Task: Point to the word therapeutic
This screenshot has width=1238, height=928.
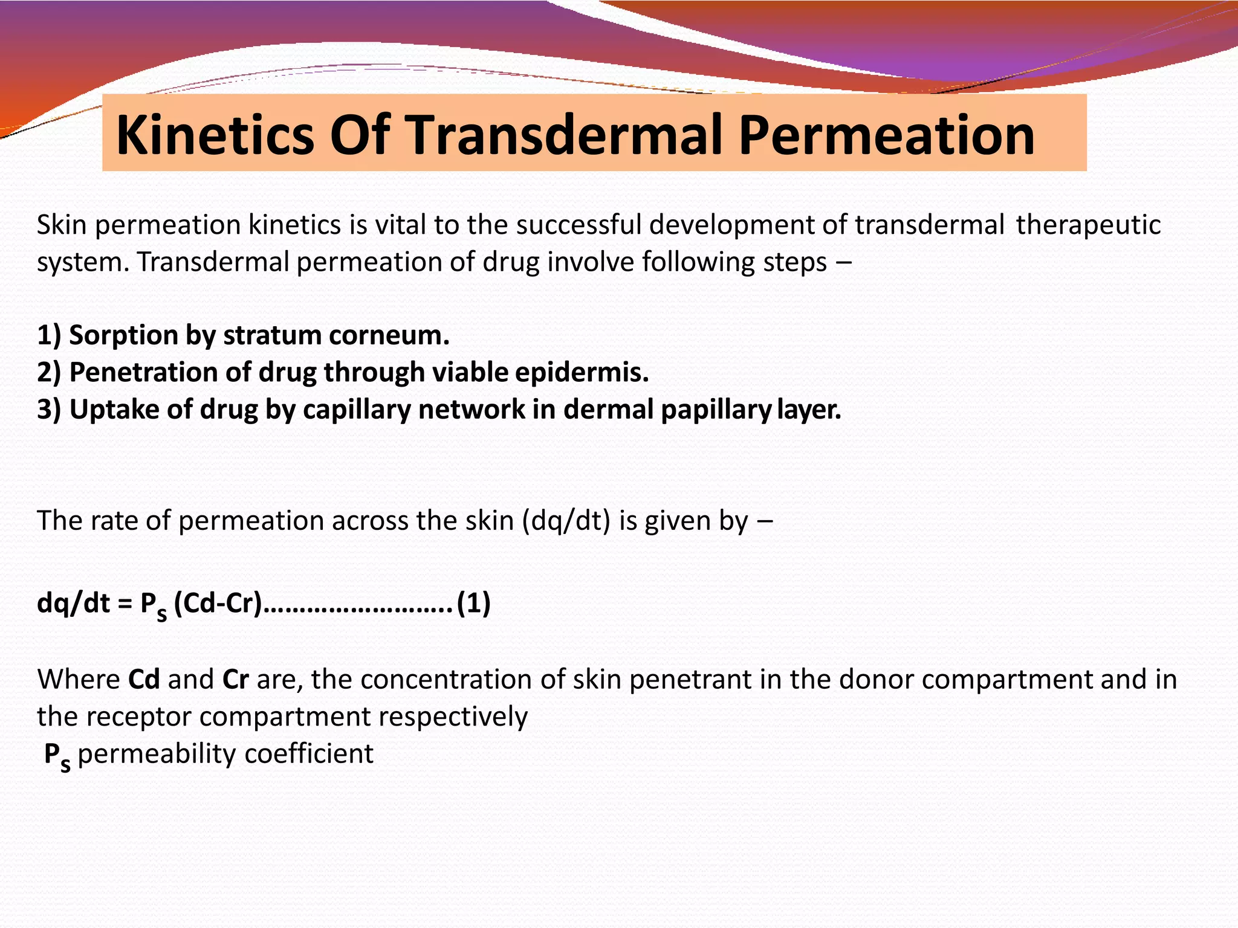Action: pyautogui.click(x=1088, y=225)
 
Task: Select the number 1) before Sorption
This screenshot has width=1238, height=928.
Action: pyautogui.click(x=49, y=335)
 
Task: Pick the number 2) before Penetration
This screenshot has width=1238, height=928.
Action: pyautogui.click(x=49, y=372)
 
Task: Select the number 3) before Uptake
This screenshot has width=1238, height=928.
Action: pyautogui.click(x=49, y=410)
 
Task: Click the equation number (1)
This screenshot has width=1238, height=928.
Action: pyautogui.click(x=473, y=603)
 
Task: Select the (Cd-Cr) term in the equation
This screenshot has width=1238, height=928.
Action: pyautogui.click(x=218, y=603)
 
